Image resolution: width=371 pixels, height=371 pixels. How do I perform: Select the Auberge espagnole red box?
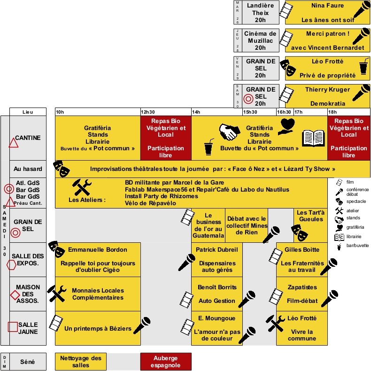(166, 362)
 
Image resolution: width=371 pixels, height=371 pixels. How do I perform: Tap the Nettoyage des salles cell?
(81, 362)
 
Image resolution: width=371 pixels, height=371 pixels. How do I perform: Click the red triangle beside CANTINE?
(13, 143)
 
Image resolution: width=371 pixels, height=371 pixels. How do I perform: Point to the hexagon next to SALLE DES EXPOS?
(11, 264)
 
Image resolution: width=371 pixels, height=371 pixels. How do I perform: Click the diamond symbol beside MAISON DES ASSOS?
(15, 295)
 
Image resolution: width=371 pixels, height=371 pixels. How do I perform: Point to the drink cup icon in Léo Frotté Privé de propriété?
(363, 68)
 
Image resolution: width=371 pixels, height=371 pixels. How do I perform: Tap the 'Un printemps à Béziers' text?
(98, 328)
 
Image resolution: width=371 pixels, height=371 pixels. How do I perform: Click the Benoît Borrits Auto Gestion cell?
(217, 294)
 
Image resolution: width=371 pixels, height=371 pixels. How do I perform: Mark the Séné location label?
(28, 362)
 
